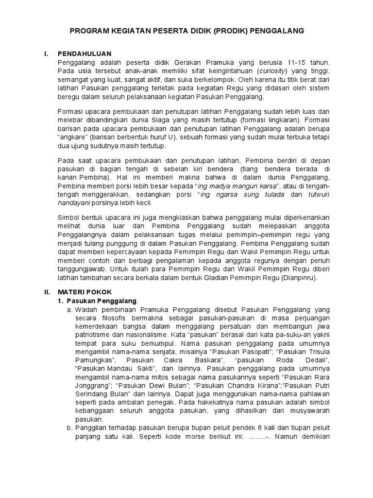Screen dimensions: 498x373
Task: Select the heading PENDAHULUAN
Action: coord(85,53)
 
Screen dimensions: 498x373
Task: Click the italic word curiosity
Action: coord(272,71)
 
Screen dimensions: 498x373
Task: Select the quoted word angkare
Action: coord(73,137)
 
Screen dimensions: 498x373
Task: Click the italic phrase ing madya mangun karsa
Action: coord(238,187)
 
